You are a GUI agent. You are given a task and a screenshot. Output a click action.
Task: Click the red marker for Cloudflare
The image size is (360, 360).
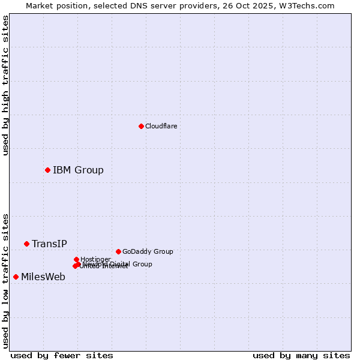(141, 126)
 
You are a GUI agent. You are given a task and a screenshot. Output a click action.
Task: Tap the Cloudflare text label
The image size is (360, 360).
(161, 126)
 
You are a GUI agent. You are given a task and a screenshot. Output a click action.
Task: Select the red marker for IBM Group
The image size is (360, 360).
(47, 170)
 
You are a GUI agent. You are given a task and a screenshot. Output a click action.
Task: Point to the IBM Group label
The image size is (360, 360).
(78, 170)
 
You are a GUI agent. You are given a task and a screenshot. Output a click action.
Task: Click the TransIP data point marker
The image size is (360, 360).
(26, 244)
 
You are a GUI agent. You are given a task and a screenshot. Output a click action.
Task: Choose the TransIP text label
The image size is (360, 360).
(49, 244)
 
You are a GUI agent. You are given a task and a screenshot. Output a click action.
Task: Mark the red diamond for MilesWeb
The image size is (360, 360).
(16, 277)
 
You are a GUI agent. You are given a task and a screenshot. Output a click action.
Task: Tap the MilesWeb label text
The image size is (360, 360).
(43, 277)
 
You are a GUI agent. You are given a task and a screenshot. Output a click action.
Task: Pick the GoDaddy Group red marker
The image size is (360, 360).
(118, 251)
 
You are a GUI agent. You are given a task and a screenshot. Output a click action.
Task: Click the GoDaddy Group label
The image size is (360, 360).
(148, 252)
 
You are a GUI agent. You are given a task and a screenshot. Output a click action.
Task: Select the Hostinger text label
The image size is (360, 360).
(95, 259)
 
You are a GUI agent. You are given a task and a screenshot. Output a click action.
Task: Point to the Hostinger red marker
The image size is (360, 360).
(76, 259)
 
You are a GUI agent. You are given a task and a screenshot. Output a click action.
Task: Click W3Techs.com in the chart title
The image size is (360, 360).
(306, 6)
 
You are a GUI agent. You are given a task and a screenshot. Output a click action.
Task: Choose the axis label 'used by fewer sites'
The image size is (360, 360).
(62, 355)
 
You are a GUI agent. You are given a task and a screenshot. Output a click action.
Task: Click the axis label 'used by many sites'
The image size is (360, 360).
(301, 355)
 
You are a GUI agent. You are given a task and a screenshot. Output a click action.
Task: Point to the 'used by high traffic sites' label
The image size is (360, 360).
(5, 85)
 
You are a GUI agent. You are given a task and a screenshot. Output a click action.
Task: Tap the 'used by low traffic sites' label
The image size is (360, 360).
(5, 280)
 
